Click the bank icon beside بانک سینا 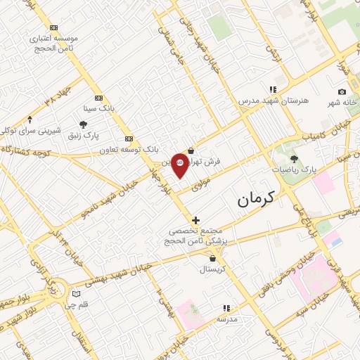tap(98, 98)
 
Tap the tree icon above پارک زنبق tap(84, 124)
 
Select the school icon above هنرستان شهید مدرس tap(273, 90)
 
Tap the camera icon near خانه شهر tap(342, 92)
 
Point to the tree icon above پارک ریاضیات tap(294, 160)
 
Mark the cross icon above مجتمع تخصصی tap(195, 220)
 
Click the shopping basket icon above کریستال tap(212, 259)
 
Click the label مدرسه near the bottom tap(226, 319)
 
